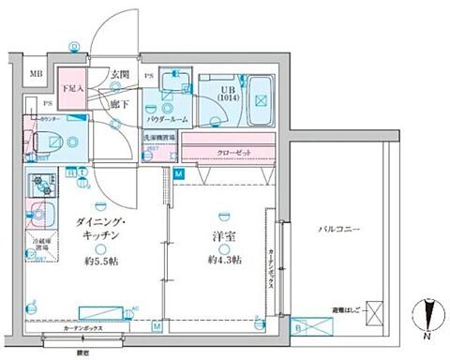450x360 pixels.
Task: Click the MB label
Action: pyautogui.click(x=35, y=74)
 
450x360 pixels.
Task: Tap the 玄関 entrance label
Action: pyautogui.click(x=119, y=75)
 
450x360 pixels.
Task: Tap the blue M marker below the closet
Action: pyautogui.click(x=179, y=175)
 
